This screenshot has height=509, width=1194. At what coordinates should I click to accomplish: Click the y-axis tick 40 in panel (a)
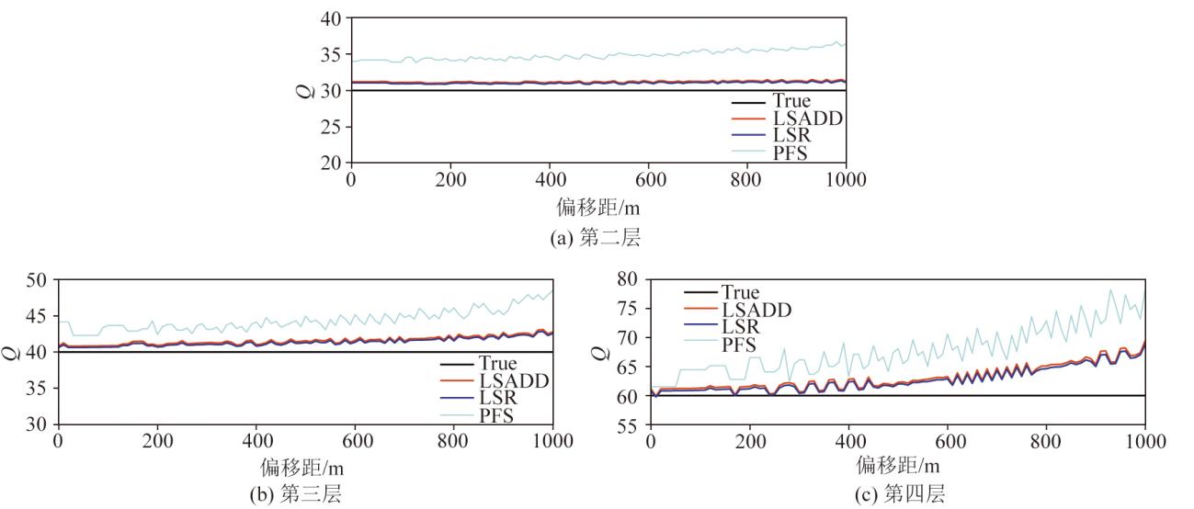(x=331, y=18)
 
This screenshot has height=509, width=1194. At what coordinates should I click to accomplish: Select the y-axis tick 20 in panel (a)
(x=331, y=163)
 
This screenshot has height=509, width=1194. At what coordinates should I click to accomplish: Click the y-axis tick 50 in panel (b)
(x=39, y=279)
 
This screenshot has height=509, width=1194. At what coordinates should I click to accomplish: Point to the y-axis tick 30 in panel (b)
(x=39, y=424)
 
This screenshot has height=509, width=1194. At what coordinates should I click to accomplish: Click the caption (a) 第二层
(x=597, y=238)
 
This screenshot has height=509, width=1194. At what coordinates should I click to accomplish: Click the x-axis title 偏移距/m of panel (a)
(x=597, y=208)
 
